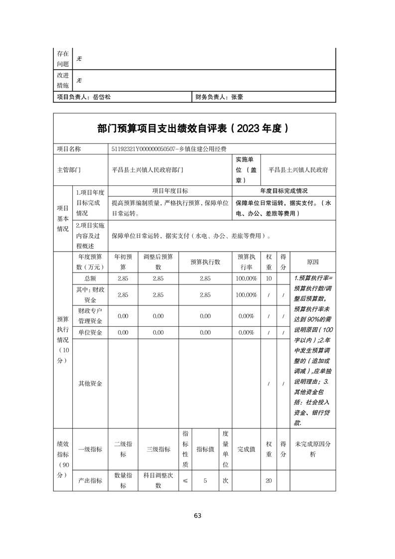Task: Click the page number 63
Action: point(197,516)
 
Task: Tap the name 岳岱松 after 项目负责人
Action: point(102,98)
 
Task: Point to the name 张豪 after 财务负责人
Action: point(237,98)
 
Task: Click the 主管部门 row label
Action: point(69,170)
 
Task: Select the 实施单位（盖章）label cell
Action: point(246,170)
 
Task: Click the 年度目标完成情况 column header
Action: point(284,191)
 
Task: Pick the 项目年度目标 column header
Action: point(170,191)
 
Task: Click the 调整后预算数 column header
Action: point(158,262)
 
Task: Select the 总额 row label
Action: point(90,279)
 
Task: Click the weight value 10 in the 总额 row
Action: point(268,279)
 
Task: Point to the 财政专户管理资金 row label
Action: point(90,316)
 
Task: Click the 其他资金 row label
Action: point(90,384)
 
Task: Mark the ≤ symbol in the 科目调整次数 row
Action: point(185,481)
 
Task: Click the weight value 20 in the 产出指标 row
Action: point(268,481)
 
